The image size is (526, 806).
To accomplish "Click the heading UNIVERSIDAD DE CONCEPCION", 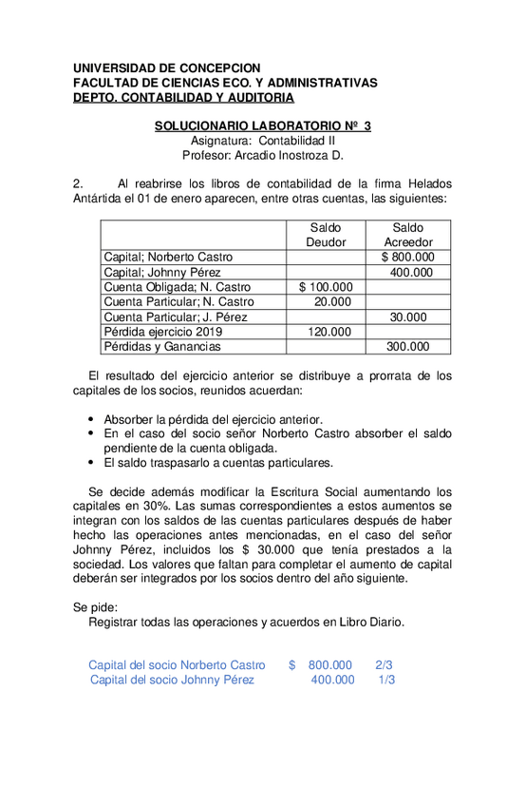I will [166, 68].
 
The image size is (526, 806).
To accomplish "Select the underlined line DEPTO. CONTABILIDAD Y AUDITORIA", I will [183, 97].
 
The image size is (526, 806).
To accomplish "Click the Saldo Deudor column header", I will [326, 235].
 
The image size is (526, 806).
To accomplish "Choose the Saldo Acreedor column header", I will [408, 235].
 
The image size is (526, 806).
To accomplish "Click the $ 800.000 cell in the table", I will [408, 257].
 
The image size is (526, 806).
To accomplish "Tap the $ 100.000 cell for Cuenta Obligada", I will [326, 287].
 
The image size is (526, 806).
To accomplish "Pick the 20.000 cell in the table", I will [332, 301].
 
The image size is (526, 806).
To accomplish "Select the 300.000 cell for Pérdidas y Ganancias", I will [408, 347].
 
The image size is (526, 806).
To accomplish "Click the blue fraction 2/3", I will [384, 665].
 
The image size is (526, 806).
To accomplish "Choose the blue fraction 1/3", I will [386, 680].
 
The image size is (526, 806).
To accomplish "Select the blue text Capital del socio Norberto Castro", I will [177, 665].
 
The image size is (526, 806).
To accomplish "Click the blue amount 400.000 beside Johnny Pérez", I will [333, 680].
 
